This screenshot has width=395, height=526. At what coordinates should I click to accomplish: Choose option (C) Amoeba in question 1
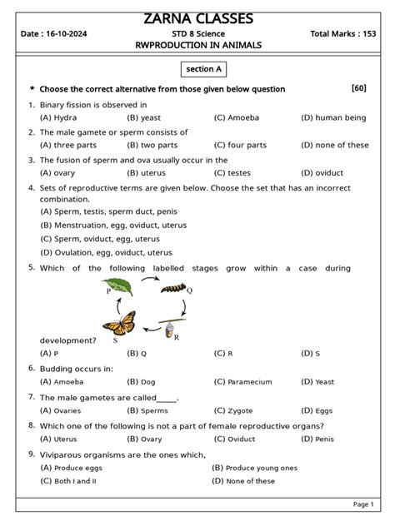pos(237,118)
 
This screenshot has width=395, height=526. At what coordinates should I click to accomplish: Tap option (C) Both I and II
pos(68,480)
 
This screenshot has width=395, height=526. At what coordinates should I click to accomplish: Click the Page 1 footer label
pos(363,504)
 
